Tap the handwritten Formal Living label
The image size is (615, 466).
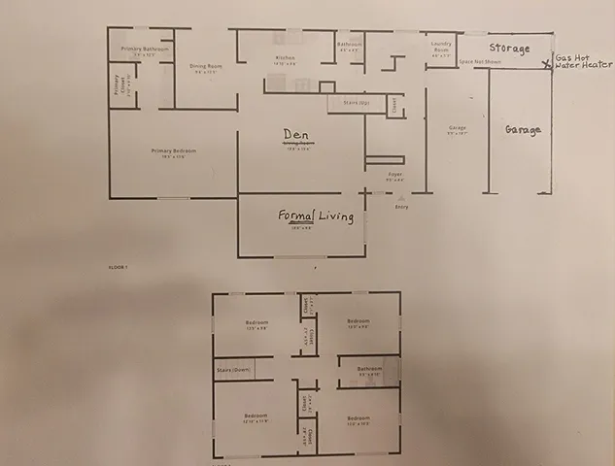tap(316, 216)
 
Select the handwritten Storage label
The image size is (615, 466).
tap(509, 49)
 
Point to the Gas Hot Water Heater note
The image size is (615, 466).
tap(579, 62)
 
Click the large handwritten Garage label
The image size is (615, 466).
tap(522, 129)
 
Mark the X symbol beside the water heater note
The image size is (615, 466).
tap(546, 66)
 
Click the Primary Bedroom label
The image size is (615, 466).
tap(167, 150)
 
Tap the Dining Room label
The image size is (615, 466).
tap(205, 66)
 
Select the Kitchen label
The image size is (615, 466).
tap(285, 58)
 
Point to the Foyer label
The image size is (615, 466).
tap(395, 176)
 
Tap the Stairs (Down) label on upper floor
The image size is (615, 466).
tap(233, 370)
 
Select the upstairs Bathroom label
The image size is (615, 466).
tap(369, 369)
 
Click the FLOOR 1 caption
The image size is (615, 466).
tap(120, 264)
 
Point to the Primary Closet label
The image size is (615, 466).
tap(118, 85)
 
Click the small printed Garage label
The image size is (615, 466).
tap(458, 128)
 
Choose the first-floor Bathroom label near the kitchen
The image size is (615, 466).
tap(349, 44)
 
